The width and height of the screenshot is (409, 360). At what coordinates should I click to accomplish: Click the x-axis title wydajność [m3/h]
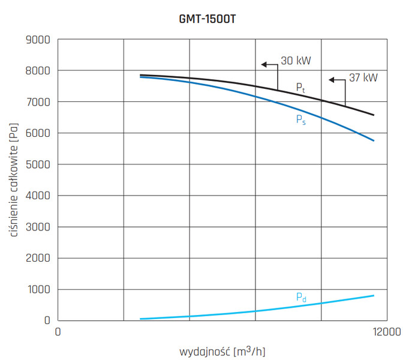tap(221, 350)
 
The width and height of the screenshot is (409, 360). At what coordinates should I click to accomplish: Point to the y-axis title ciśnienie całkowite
tap(13, 180)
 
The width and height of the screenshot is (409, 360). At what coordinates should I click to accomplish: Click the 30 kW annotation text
tap(296, 61)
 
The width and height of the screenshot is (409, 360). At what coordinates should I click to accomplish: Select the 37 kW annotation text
tap(363, 78)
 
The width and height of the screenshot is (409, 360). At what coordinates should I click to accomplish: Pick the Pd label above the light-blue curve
tap(300, 298)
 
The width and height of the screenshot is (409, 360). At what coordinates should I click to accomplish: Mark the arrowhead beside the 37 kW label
tap(331, 79)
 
